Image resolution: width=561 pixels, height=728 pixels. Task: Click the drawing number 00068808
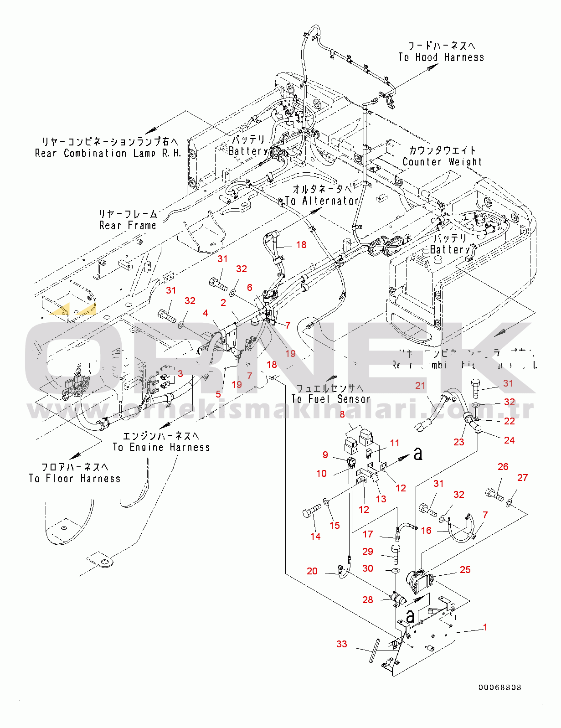click(499, 687)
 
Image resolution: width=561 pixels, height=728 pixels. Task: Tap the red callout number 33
click(342, 644)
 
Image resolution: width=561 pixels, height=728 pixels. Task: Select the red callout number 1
click(485, 627)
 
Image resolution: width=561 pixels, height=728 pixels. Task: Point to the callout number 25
click(465, 570)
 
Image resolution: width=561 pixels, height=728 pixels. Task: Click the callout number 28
click(368, 600)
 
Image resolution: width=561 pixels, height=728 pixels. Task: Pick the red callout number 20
click(312, 571)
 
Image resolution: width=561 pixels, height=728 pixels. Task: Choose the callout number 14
click(315, 537)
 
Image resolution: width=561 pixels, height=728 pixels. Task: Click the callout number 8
click(342, 414)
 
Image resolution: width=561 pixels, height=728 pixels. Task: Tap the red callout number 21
click(420, 386)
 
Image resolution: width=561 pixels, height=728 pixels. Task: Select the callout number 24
click(509, 440)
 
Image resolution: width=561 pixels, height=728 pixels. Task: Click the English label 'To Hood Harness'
click(441, 57)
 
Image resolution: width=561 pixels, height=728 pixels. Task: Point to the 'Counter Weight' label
click(442, 162)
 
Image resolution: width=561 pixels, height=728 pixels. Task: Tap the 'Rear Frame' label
click(128, 225)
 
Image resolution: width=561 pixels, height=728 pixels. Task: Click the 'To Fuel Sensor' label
click(331, 399)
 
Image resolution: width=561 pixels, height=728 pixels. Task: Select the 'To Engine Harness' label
click(161, 447)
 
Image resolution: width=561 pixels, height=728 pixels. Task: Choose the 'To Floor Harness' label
click(75, 479)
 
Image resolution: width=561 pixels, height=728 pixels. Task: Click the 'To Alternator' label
click(322, 201)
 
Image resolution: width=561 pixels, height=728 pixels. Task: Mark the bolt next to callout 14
click(312, 512)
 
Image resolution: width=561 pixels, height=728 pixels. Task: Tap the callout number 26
click(503, 467)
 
